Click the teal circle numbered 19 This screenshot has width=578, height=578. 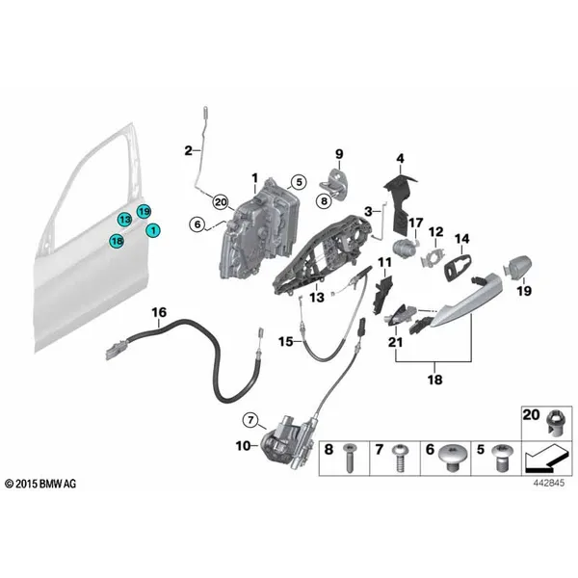pos(144,212)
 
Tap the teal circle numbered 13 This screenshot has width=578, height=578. pos(125,220)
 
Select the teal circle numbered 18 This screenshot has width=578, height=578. pos(117,242)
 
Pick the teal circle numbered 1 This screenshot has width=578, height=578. pos(153,231)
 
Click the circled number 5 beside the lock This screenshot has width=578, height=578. pos(299,182)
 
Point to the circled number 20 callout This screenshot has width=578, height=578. pos(221,202)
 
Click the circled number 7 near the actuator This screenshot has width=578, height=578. pos(250,420)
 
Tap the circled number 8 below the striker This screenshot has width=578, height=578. pos(324,201)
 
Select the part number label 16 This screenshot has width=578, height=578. pos(159,312)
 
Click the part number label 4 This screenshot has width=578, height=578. pos(401,159)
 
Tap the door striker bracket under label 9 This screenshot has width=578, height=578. pos(333,184)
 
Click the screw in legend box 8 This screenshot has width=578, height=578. pos(349,458)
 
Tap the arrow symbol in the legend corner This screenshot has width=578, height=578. pos(546,460)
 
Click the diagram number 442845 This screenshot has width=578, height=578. pos(548,484)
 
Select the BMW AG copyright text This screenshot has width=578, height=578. pos(40,484)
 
